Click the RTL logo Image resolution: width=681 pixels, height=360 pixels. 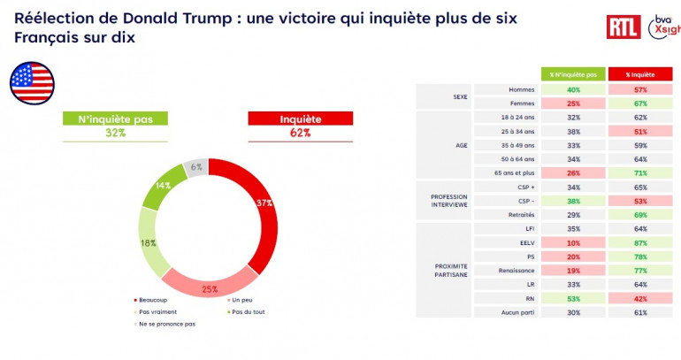[x=624, y=27]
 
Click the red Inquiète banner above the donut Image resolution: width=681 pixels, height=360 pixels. [x=300, y=119]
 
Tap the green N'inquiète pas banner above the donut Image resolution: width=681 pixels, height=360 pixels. [x=113, y=119]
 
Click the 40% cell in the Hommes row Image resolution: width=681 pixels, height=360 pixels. [x=573, y=89]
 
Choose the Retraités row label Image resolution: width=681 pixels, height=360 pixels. [x=522, y=215]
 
